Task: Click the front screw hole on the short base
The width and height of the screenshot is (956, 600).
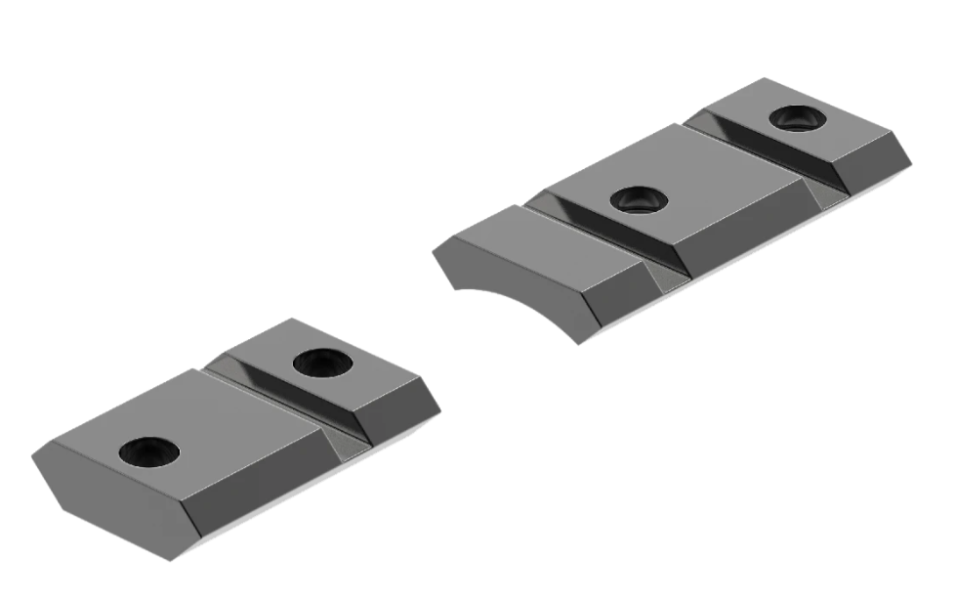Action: [149, 451]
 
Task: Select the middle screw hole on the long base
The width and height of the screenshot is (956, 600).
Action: [639, 200]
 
